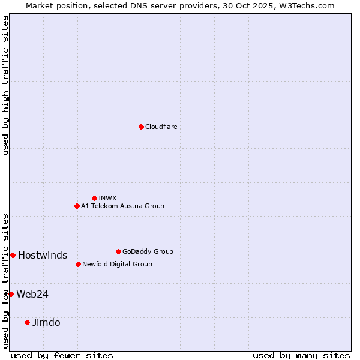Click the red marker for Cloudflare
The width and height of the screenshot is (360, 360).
[x=141, y=127]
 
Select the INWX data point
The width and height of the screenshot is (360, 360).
[x=94, y=198]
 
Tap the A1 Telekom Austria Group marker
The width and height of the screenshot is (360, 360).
[x=77, y=206]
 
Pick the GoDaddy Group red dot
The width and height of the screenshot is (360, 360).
[x=118, y=251]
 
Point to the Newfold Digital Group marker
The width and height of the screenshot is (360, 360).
[x=78, y=264]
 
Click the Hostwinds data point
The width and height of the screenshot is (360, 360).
[x=13, y=255]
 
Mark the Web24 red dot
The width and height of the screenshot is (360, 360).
[x=11, y=294]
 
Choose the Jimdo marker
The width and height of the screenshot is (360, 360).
[x=27, y=322]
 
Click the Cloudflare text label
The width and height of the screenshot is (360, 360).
[x=161, y=127]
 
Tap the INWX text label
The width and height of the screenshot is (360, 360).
[x=107, y=198]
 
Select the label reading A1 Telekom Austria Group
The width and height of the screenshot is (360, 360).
[x=122, y=206]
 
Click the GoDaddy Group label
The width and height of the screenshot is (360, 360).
[x=148, y=251]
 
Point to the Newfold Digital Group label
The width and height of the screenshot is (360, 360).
[x=117, y=264]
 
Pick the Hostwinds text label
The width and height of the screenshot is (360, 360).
[x=43, y=255]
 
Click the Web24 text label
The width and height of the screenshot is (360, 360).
[x=32, y=294]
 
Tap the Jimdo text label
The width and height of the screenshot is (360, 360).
[x=46, y=322]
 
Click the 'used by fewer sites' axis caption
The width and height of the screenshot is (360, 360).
[x=62, y=355]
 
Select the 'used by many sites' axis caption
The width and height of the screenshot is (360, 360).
[x=301, y=355]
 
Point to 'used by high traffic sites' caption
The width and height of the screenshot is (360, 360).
[x=5, y=85]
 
